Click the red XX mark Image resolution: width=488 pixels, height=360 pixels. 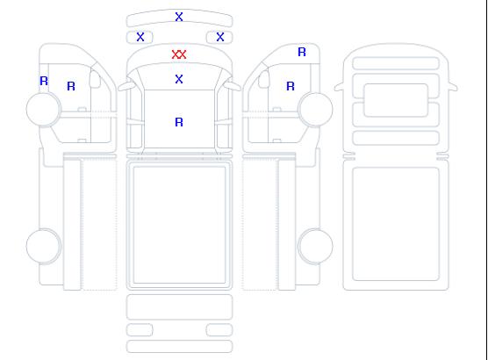[179, 54]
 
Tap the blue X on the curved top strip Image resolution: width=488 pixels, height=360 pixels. [179, 17]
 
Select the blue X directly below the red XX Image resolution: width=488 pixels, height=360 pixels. [179, 79]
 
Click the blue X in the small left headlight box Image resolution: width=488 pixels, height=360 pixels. [140, 37]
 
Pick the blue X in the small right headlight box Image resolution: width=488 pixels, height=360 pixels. [220, 37]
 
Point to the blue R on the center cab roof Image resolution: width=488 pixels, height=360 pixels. [179, 122]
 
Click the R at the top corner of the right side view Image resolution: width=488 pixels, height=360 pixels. [302, 52]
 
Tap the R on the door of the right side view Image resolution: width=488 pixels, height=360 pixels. [291, 86]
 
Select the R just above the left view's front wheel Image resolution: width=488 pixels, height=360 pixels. [44, 82]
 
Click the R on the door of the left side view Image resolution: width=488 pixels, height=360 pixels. [71, 86]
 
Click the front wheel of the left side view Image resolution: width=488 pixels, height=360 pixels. [44, 109]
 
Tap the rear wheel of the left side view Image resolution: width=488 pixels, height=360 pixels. [44, 246]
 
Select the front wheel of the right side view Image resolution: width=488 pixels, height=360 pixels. [315, 109]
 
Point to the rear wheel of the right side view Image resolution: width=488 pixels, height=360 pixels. [315, 246]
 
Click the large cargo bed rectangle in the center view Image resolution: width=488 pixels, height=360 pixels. [179, 225]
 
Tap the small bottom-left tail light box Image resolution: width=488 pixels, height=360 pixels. [140, 330]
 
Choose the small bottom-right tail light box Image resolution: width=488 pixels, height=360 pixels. [219, 330]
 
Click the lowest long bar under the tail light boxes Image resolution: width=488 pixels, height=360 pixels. [179, 347]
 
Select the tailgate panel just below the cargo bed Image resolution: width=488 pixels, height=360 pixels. [179, 307]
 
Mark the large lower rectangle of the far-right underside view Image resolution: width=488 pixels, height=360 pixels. [396, 224]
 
